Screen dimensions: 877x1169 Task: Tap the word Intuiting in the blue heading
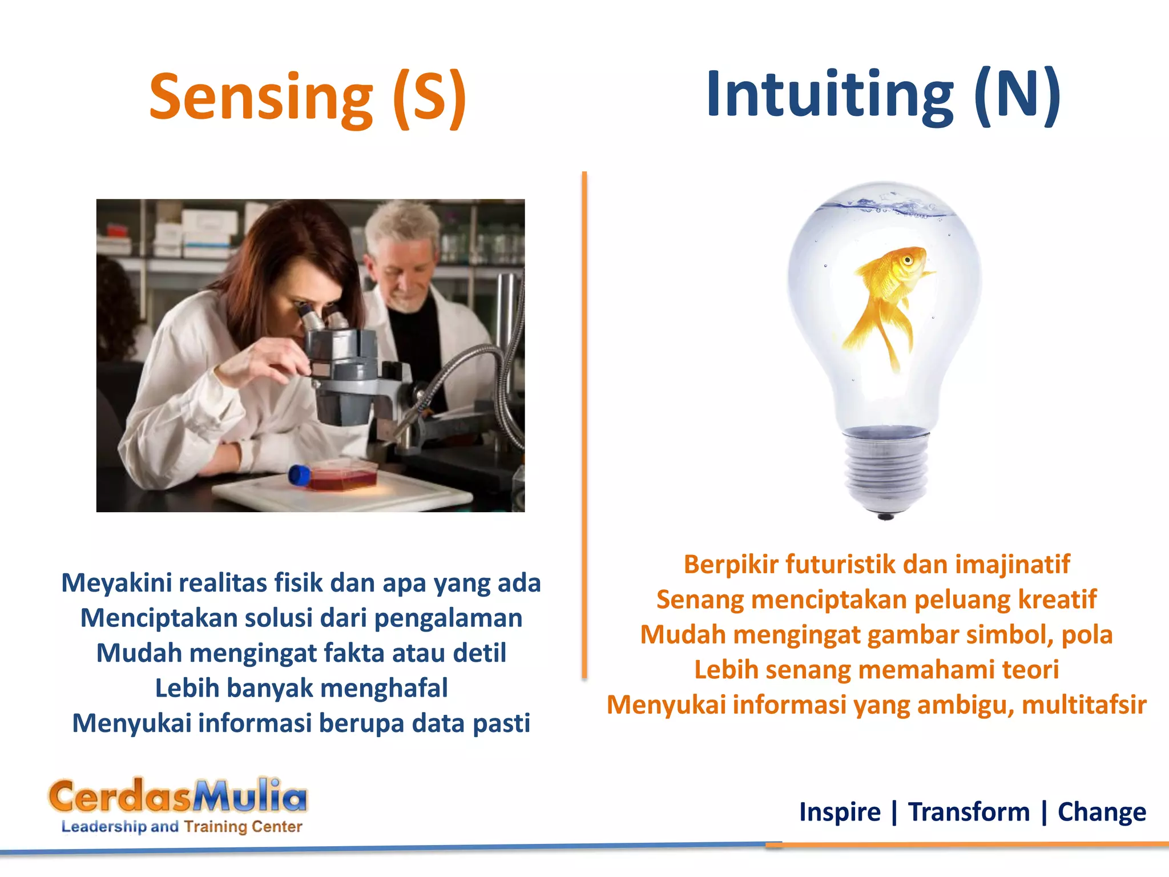pos(829,94)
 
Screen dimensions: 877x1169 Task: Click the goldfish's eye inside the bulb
pos(907,260)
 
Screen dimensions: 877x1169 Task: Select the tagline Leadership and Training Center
pos(182,826)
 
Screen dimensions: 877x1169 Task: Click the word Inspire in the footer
pos(840,812)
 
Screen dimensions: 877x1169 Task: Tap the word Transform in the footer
pos(969,812)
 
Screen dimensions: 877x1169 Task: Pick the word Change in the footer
pos(1102,812)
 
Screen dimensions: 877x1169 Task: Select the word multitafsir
pos(1084,705)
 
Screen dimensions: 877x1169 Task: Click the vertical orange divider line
pos(584,423)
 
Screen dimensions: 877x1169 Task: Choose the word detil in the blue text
pos(479,653)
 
